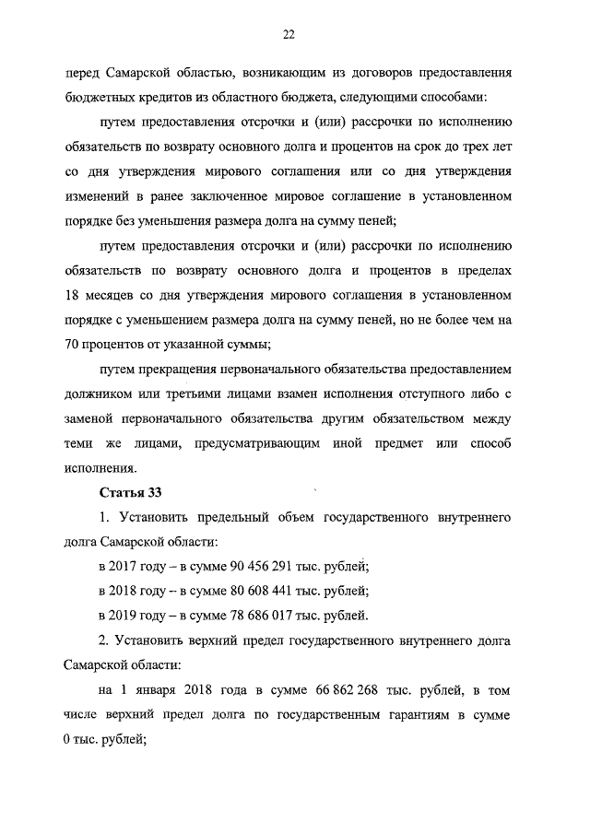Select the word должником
coord(101,394)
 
